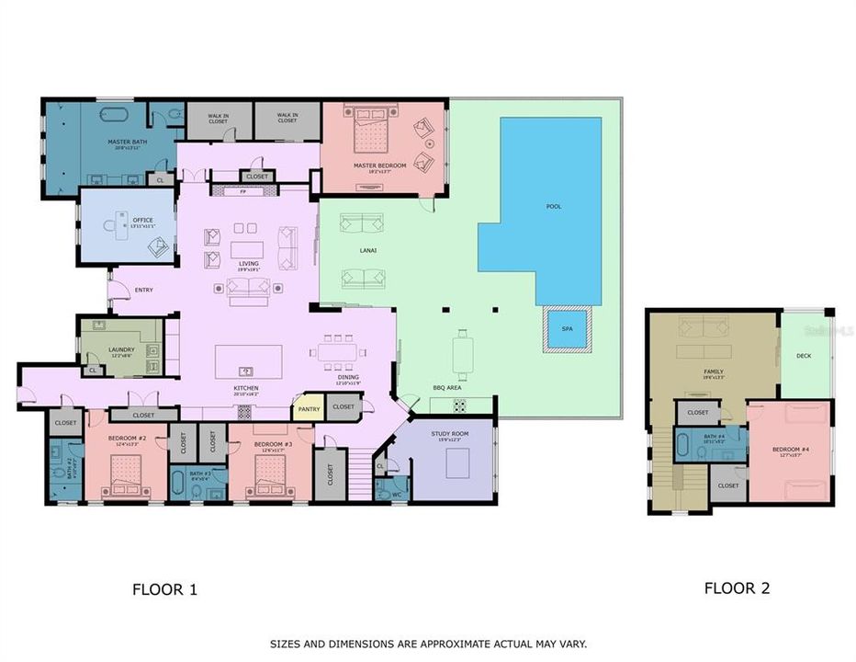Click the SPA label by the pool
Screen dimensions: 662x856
(x=567, y=328)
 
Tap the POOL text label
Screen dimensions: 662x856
(x=553, y=206)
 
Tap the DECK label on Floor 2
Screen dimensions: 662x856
(x=804, y=355)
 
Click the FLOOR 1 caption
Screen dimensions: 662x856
(x=164, y=589)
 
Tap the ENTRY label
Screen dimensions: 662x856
(x=143, y=290)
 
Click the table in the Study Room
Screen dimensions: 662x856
(x=459, y=464)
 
